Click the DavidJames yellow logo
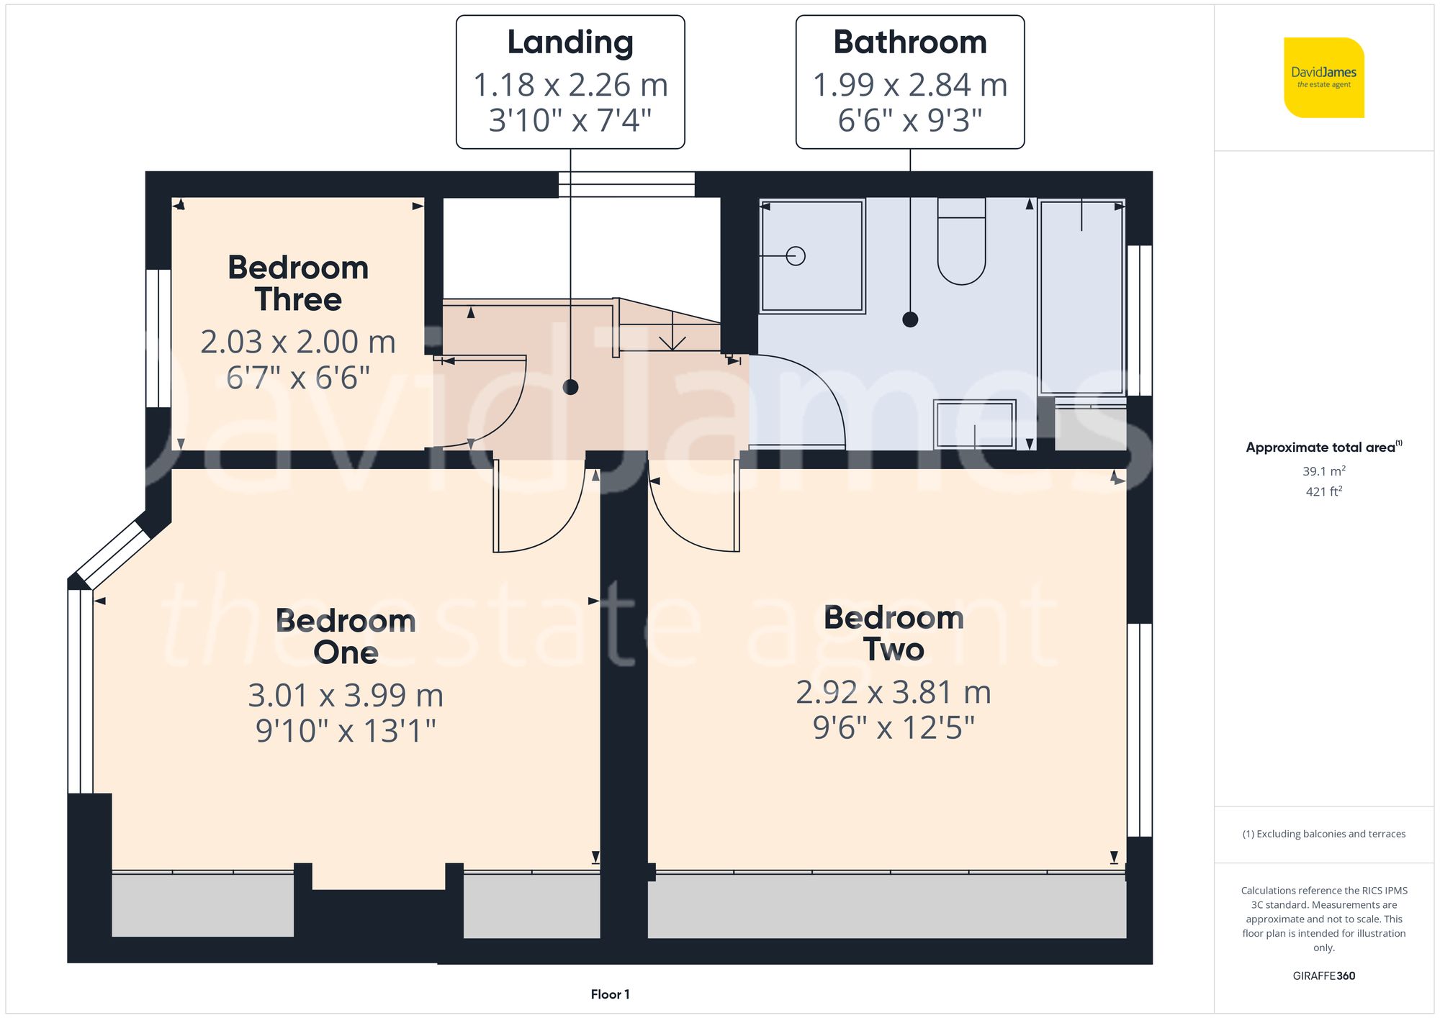coord(1323,78)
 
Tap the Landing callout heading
coord(570,42)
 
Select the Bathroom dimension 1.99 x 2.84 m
coord(909,85)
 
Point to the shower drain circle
coord(796,255)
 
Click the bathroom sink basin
coord(974,424)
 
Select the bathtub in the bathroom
coord(1081,296)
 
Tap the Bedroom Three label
coord(298,283)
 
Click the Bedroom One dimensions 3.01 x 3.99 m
coord(346,695)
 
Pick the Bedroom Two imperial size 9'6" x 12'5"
coord(894,727)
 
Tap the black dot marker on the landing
coord(570,387)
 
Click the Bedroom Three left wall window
coord(158,338)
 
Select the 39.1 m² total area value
coord(1323,471)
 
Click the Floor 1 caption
coord(610,994)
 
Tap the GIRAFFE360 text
coord(1323,976)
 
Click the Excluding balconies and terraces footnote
coord(1323,834)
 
